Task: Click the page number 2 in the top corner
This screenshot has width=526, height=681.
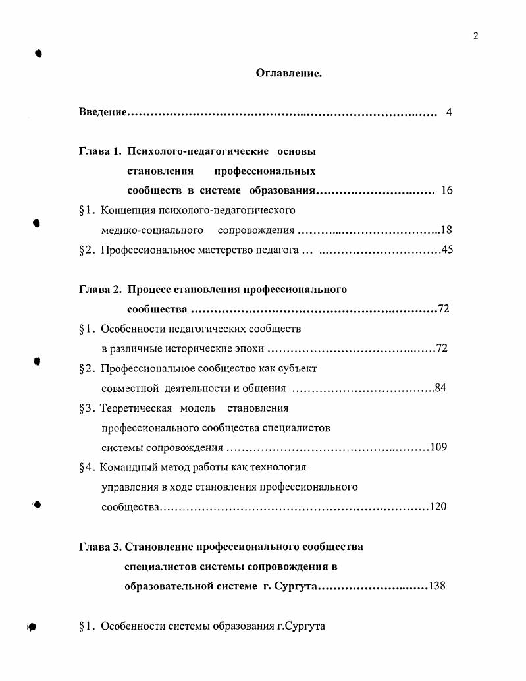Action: point(475,36)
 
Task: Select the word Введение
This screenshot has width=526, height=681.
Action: point(103,113)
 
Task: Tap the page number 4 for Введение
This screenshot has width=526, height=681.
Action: point(448,113)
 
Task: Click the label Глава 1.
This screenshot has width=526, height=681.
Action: point(101,151)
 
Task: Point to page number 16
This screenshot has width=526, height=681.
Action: point(446,191)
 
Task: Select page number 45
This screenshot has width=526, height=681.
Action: point(447,250)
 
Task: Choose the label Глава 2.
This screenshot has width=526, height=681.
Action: point(101,289)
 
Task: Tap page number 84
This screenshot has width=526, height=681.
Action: point(440,388)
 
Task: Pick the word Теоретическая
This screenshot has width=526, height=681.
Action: point(136,408)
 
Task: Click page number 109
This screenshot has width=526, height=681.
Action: point(438,447)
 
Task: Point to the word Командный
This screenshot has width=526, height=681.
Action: point(130,467)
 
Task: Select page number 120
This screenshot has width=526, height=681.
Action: point(438,506)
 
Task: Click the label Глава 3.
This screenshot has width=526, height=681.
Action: point(100,546)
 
